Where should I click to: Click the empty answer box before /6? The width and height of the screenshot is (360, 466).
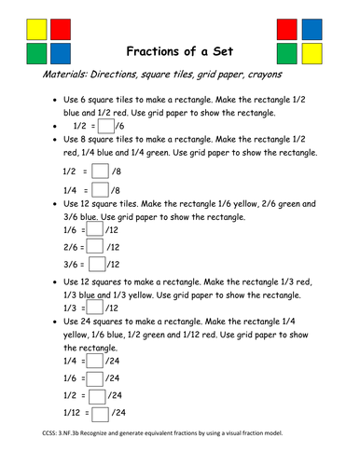106,126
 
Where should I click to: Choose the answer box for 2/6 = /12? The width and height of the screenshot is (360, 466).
94,248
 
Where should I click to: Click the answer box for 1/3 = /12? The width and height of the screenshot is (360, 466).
93,308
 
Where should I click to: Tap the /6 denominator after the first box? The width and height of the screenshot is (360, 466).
123,127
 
